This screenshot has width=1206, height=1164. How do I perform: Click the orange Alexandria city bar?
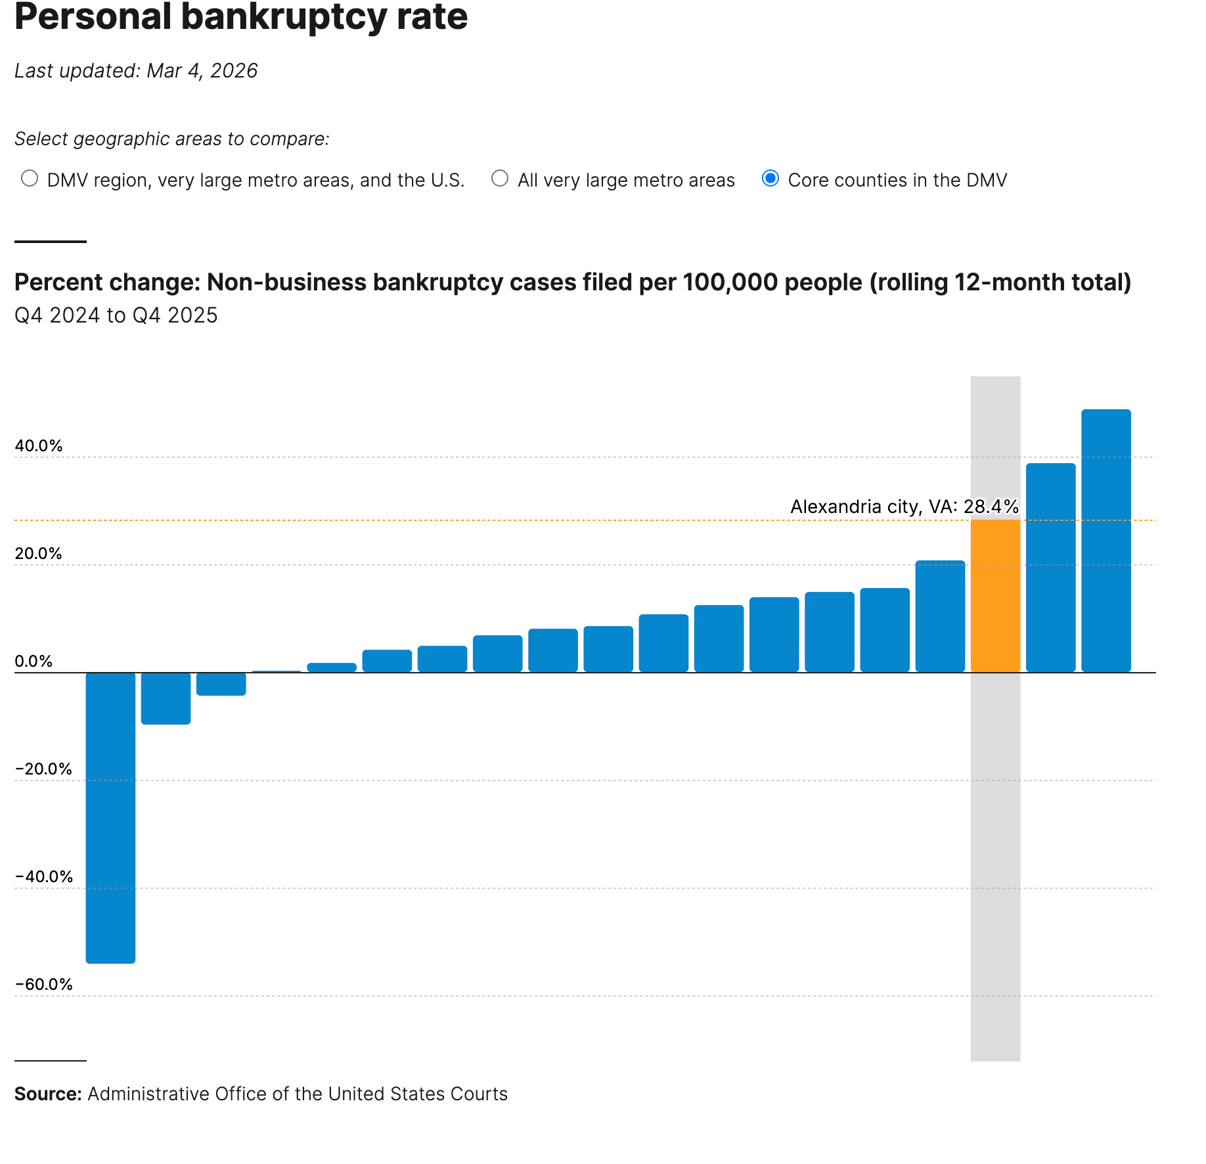(995, 595)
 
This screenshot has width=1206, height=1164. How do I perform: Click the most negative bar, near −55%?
(110, 817)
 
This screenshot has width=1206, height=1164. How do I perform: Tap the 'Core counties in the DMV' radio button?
(770, 179)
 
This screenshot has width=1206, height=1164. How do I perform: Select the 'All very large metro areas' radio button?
(500, 179)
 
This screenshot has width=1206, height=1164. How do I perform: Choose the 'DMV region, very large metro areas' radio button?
(30, 179)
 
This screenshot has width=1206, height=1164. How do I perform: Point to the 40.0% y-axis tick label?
(39, 446)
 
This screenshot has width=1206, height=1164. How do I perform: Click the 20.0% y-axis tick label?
(39, 554)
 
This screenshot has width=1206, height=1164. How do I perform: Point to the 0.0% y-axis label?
(33, 661)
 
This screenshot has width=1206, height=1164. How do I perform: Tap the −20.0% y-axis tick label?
(43, 769)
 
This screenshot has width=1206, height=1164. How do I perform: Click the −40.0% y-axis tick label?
(43, 877)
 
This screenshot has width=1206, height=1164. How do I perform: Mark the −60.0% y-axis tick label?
(43, 985)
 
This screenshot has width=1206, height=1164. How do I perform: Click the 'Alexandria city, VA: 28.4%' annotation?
(904, 506)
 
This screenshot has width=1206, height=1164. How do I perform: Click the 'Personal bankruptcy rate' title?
(241, 17)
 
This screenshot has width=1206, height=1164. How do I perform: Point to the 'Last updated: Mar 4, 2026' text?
(136, 71)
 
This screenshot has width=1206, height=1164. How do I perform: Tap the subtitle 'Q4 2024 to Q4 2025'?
(116, 315)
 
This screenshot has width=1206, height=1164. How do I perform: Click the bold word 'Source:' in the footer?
(48, 1094)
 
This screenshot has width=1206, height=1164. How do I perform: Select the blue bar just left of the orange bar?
(940, 616)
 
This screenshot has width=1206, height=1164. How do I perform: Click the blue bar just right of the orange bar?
(1050, 568)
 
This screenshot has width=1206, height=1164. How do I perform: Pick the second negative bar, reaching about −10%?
(166, 698)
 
